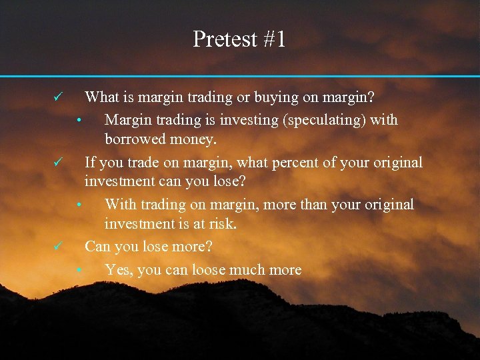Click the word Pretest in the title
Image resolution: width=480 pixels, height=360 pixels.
pyautogui.click(x=224, y=40)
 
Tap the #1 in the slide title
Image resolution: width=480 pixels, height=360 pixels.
pyautogui.click(x=274, y=40)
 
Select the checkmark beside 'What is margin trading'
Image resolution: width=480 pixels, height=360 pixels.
pyautogui.click(x=58, y=97)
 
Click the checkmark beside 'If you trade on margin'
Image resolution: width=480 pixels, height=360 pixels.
pyautogui.click(x=58, y=161)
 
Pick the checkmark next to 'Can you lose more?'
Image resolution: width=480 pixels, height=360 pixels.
pyautogui.click(x=58, y=247)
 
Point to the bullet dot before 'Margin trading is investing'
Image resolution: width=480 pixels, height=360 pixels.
pyautogui.click(x=79, y=121)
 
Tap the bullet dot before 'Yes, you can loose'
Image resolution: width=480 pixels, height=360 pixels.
pyautogui.click(x=79, y=271)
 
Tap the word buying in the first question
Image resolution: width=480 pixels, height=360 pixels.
pyautogui.click(x=275, y=98)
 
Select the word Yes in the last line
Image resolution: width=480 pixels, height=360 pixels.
pyautogui.click(x=117, y=270)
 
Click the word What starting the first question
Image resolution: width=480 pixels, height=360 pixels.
pyautogui.click(x=102, y=98)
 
